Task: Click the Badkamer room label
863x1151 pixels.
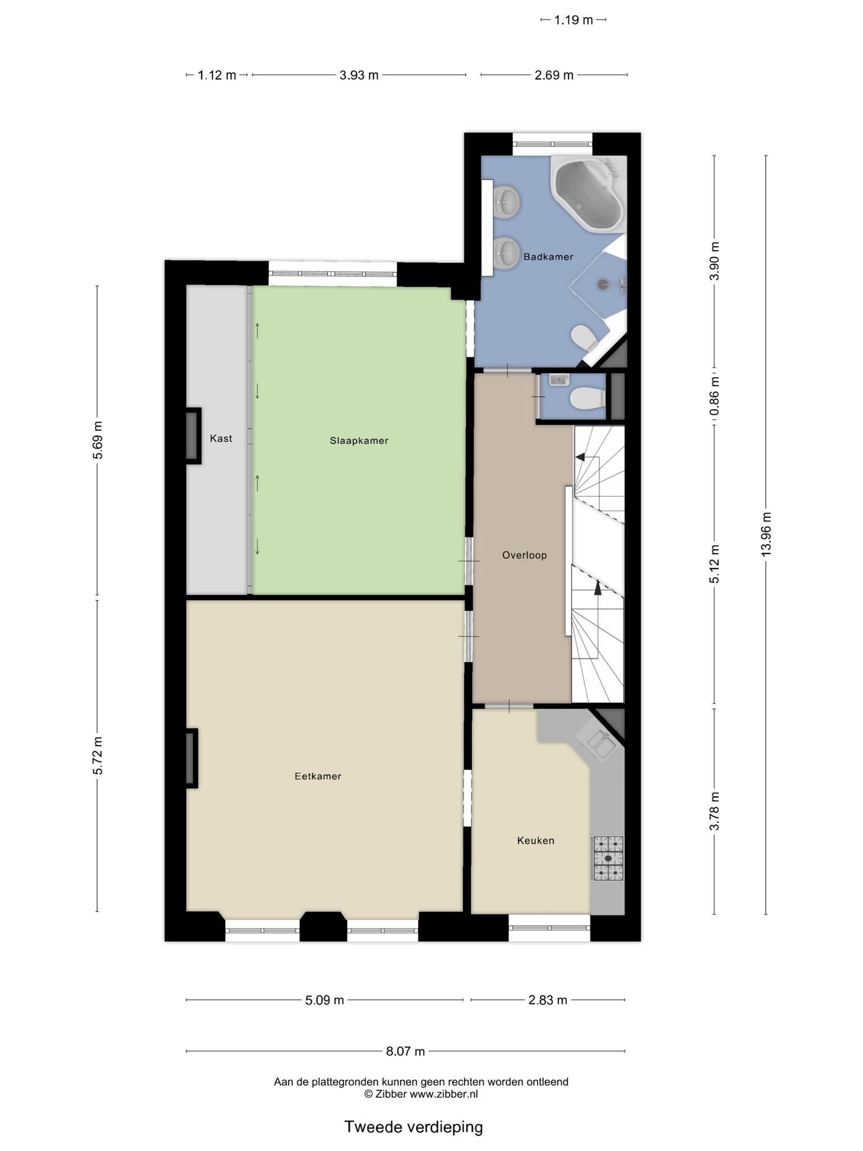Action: tap(548, 257)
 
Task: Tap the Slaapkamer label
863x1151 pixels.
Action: tap(359, 441)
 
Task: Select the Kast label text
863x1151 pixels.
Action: tap(221, 438)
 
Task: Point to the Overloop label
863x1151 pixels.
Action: tap(524, 555)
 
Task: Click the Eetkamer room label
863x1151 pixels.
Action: tap(318, 776)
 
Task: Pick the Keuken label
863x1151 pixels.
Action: tap(535, 841)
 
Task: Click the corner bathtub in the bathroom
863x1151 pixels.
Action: tap(588, 193)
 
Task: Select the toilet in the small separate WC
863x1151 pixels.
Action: tap(587, 398)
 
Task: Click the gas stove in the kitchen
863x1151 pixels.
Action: tap(608, 858)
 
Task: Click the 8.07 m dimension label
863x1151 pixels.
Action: tap(405, 1051)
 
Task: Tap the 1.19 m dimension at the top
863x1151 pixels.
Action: tap(574, 20)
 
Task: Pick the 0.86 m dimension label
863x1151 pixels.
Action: tap(714, 396)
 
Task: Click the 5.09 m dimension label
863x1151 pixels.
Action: tap(324, 1000)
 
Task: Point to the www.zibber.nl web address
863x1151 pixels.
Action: tap(443, 1094)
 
